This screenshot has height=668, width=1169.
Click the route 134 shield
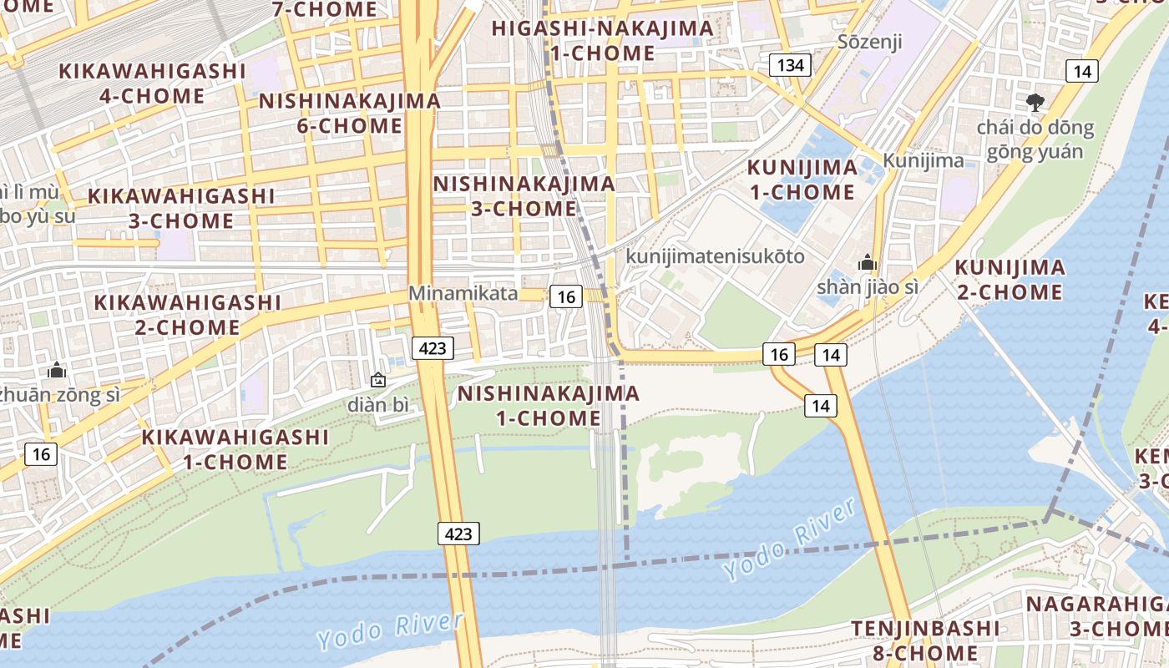(x=789, y=65)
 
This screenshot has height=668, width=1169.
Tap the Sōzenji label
(x=870, y=42)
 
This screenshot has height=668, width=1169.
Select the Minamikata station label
(x=463, y=294)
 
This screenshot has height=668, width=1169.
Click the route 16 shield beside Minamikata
(x=565, y=296)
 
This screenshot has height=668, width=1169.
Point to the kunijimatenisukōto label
(x=716, y=256)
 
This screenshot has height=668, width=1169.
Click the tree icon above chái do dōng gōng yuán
(x=1035, y=103)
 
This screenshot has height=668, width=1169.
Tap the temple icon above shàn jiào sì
(x=868, y=263)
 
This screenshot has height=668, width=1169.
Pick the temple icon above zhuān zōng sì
(x=57, y=370)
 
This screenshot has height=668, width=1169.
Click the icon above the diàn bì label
(x=378, y=381)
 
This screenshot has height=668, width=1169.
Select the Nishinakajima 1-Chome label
(x=549, y=405)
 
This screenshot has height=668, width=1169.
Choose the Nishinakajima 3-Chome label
(x=524, y=195)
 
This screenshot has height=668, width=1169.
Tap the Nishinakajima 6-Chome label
(x=350, y=113)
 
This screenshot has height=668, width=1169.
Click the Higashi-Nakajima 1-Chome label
(x=602, y=40)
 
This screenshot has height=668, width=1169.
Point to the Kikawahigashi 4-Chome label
(x=152, y=83)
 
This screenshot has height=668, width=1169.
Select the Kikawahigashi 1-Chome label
(x=235, y=448)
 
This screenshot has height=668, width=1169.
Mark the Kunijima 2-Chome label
(x=1010, y=280)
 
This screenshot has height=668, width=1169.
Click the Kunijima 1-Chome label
(x=802, y=180)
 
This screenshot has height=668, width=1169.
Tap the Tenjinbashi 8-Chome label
(x=925, y=640)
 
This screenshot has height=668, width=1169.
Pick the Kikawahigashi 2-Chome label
(x=187, y=314)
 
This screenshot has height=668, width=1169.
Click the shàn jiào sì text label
(x=868, y=287)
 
